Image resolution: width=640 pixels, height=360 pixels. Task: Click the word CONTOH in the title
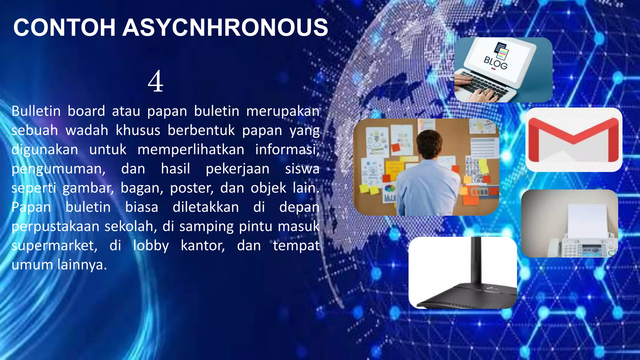coord(64,28)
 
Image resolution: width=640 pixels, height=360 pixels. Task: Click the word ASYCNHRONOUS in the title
coord(225,28)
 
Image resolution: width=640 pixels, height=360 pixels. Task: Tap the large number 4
coord(156,82)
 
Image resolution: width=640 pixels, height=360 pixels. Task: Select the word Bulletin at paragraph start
coord(36,111)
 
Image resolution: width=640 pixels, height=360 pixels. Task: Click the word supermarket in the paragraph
coord(54,246)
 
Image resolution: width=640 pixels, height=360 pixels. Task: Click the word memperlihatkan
coord(191,149)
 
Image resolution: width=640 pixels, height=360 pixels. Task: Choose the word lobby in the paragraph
coord(151,246)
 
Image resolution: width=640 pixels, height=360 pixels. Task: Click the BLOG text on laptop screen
coord(495,63)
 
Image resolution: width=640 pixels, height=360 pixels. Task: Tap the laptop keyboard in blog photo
coord(484,85)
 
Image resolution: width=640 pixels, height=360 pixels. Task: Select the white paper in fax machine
coord(587,220)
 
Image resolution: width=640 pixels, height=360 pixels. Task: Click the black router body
coord(469,295)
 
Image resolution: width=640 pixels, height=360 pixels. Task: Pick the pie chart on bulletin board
coord(389,189)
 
